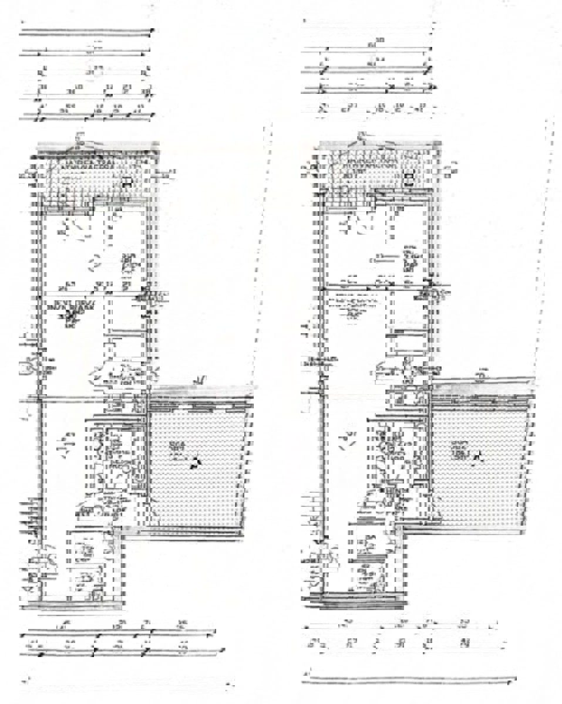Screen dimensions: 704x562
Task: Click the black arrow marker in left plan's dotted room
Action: pos(194,465)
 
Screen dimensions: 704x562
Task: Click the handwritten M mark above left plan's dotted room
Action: pos(201,381)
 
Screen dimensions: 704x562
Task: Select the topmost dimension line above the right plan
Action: pos(369,23)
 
